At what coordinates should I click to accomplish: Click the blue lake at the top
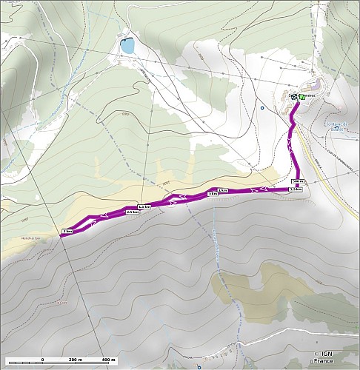(x=128, y=47)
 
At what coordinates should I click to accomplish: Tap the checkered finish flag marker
(x=294, y=96)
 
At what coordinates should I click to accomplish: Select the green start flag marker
(x=302, y=96)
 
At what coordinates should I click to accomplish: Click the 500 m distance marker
(x=299, y=181)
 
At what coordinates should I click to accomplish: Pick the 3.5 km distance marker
(x=295, y=189)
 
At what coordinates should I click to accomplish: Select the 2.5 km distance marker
(x=133, y=212)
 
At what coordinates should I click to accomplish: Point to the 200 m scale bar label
(x=75, y=360)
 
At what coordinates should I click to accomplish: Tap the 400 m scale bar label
(x=107, y=360)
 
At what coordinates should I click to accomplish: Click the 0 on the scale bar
(x=43, y=360)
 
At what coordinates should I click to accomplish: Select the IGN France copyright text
(x=324, y=357)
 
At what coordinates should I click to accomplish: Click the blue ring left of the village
(x=262, y=109)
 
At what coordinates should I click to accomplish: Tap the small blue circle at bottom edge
(x=199, y=366)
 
